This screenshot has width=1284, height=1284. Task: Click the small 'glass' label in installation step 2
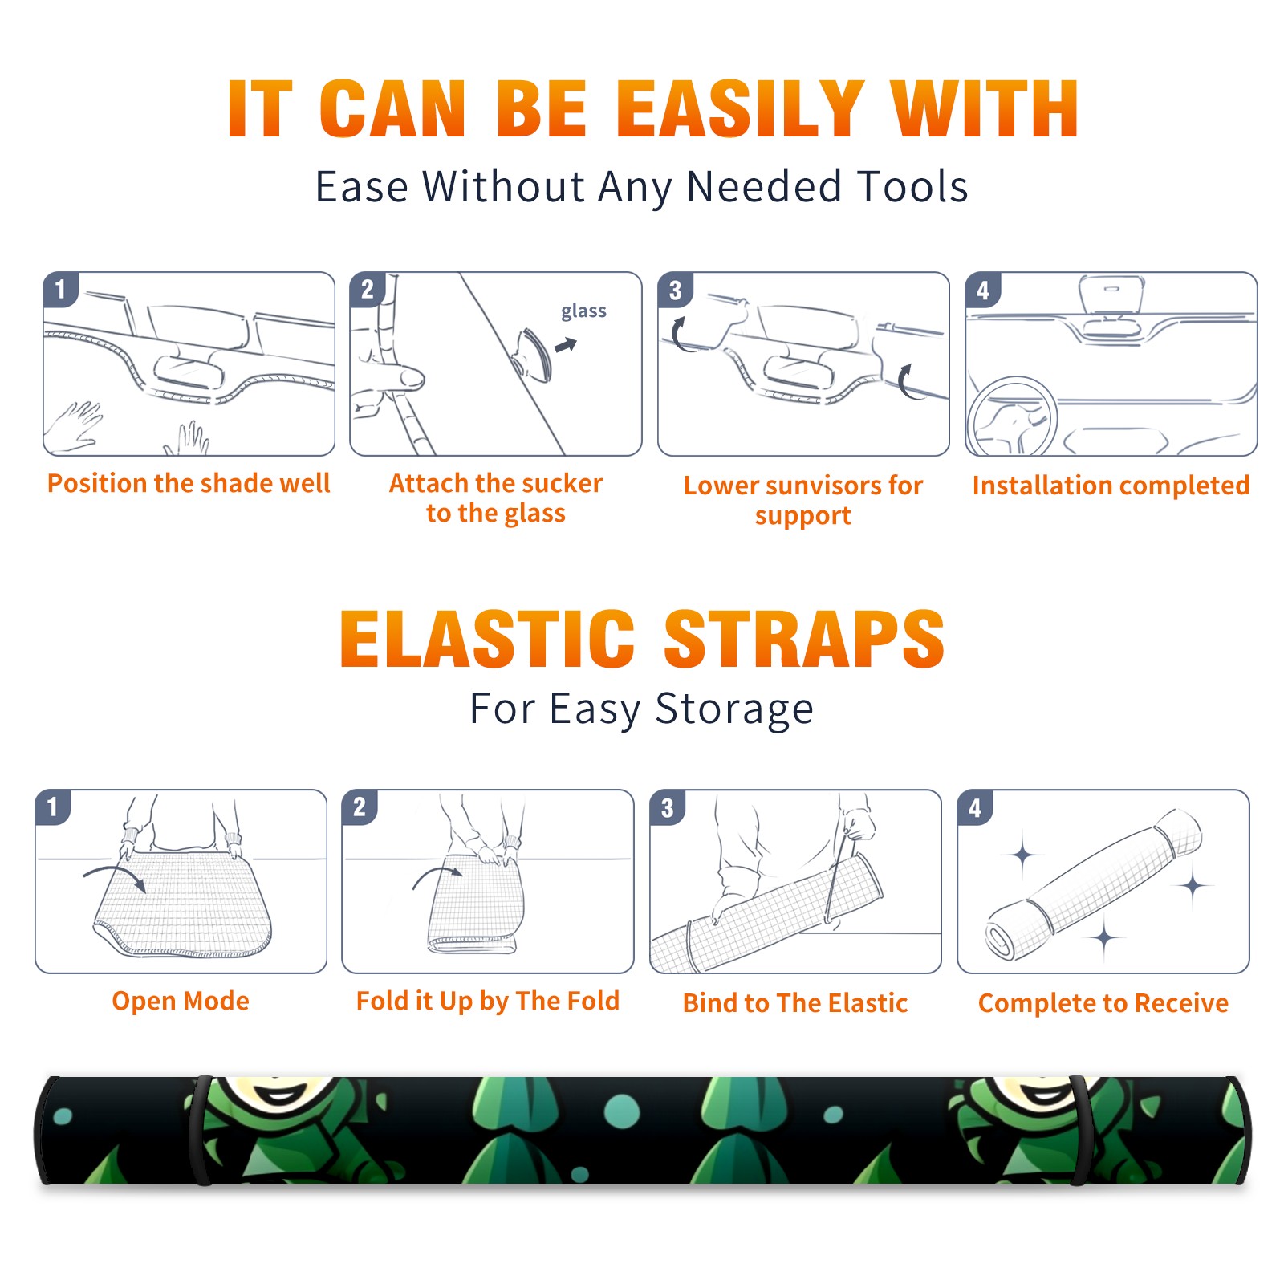(583, 311)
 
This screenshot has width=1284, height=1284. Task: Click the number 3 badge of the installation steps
(675, 290)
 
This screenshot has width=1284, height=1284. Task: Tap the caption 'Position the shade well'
(189, 483)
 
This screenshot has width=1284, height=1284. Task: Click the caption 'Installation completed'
(1111, 486)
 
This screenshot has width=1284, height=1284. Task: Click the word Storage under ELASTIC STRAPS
(734, 709)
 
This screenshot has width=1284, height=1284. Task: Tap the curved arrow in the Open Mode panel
(116, 876)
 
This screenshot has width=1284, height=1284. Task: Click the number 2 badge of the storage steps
(360, 807)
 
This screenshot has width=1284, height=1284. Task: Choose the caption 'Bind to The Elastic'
(795, 1003)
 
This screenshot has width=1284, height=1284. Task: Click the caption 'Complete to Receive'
(1103, 1003)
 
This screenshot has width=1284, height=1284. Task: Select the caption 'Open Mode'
(181, 1001)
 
